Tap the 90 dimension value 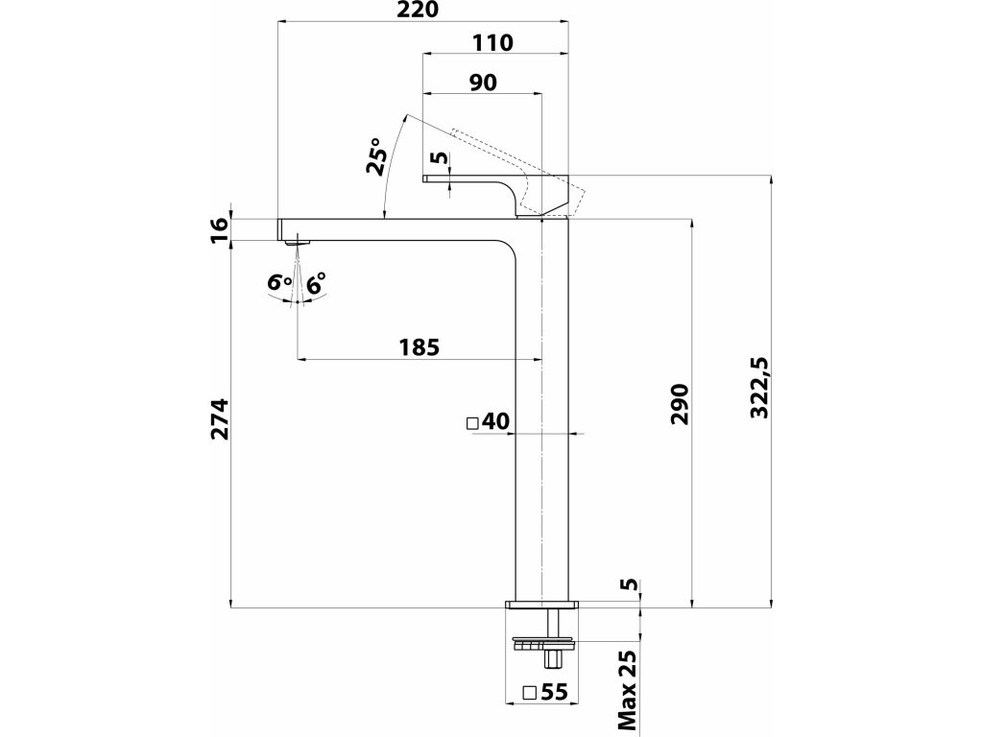483,83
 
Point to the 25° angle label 375,156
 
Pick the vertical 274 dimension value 221,418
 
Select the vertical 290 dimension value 679,405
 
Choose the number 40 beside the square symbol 495,421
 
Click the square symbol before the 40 473,422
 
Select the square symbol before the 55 528,692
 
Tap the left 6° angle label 279,282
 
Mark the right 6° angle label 317,282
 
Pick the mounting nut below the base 543,643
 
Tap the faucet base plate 543,606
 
